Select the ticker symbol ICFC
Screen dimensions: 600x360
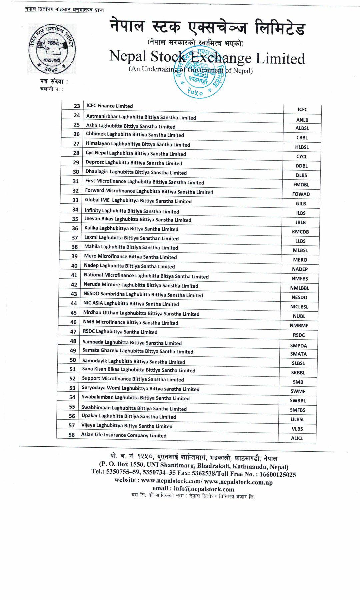click(x=302, y=110)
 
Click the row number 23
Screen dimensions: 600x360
click(x=77, y=106)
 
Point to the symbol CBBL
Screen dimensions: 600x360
click(x=302, y=138)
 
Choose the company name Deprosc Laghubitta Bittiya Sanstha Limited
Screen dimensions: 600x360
click(x=134, y=163)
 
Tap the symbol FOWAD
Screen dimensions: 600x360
click(x=301, y=194)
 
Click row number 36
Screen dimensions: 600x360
click(x=75, y=228)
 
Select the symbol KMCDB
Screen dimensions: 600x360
click(x=300, y=232)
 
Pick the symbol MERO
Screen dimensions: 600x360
click(x=300, y=260)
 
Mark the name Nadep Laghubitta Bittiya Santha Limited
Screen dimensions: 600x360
click(x=129, y=266)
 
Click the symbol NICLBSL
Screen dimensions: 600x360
click(x=299, y=307)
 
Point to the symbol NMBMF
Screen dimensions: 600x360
click(x=299, y=325)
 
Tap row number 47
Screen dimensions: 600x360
click(x=73, y=332)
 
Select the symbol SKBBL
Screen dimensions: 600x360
click(x=298, y=373)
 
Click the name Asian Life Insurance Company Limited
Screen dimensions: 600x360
click(x=124, y=435)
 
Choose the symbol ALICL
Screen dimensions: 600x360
click(x=297, y=438)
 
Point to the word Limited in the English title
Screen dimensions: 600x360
click(x=280, y=59)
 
